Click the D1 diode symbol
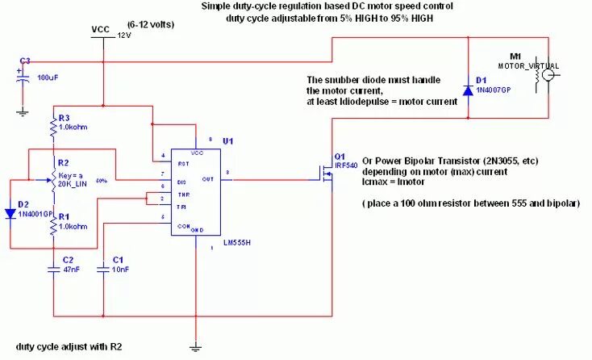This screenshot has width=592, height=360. [468, 87]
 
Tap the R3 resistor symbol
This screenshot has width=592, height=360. [54, 127]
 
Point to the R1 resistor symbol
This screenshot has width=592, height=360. [54, 227]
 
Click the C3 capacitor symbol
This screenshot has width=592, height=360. [23, 77]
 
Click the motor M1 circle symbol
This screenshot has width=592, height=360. [548, 74]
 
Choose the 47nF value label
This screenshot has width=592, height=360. [73, 270]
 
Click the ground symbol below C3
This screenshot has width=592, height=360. [23, 112]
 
